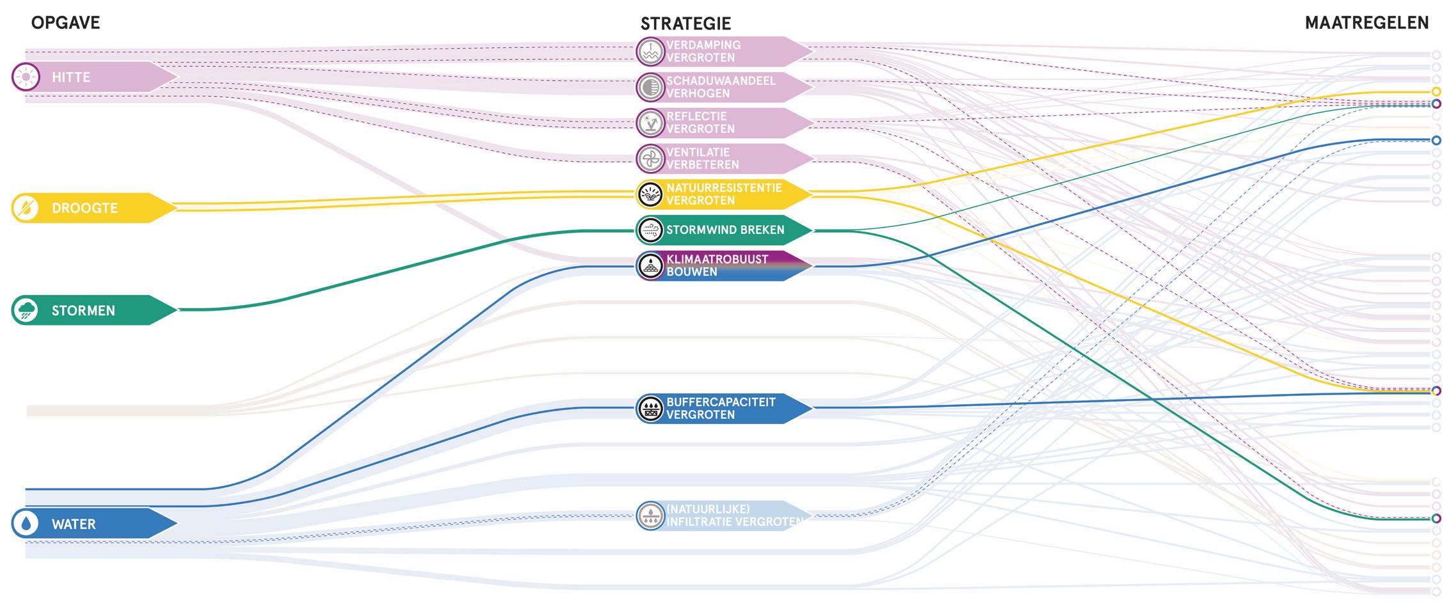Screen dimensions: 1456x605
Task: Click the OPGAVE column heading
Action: [65, 23]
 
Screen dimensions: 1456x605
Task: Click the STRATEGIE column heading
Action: [685, 24]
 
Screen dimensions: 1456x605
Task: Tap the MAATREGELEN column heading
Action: [1366, 23]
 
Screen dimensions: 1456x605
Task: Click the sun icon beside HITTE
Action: [26, 77]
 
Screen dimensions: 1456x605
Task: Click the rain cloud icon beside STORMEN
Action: [26, 310]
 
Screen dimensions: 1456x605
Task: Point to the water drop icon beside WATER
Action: [26, 524]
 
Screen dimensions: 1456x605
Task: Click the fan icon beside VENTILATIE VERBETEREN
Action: [651, 159]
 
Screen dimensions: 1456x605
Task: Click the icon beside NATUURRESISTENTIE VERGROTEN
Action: [651, 194]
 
